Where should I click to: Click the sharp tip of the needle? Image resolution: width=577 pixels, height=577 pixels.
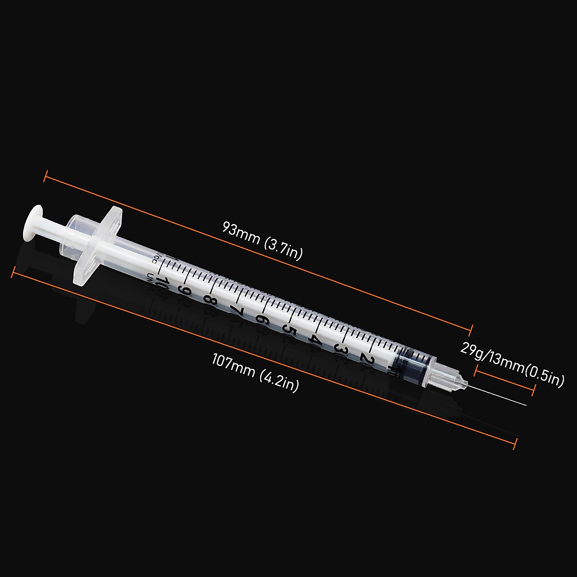pos(527,405)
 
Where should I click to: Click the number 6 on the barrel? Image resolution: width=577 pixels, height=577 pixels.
pos(262,319)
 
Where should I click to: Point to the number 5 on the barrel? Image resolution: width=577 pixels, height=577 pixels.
pos(288,329)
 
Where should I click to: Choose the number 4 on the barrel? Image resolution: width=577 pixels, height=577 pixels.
pos(315,339)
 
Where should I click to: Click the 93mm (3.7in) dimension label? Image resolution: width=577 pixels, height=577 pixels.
pos(263,240)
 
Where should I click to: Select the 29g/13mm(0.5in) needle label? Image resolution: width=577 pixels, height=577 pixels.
pos(512,364)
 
